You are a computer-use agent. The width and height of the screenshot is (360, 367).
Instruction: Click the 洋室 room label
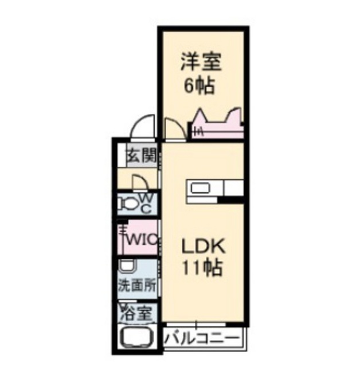pos(201,61)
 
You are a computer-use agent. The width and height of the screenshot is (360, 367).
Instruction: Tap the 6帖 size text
pos(199,85)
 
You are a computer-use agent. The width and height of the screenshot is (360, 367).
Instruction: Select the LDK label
pos(204,246)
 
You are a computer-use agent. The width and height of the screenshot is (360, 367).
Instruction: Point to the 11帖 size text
pos(202,267)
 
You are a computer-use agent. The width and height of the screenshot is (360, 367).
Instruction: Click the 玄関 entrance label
pos(141,155)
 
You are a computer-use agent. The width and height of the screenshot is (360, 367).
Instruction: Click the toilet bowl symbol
pos(127,204)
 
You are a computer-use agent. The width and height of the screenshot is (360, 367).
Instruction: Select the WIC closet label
pos(142,240)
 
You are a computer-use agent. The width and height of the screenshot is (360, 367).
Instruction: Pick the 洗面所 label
pos(137,286)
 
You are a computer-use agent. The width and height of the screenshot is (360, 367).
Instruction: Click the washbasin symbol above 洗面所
pos(127,266)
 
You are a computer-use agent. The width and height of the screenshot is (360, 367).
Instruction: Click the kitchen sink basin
pos(201,188)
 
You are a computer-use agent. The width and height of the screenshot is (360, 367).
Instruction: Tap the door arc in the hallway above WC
pos(142,181)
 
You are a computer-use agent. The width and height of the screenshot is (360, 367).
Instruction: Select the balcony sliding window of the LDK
pos(196,325)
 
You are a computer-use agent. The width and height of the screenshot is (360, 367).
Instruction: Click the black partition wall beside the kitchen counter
pos(230,200)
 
